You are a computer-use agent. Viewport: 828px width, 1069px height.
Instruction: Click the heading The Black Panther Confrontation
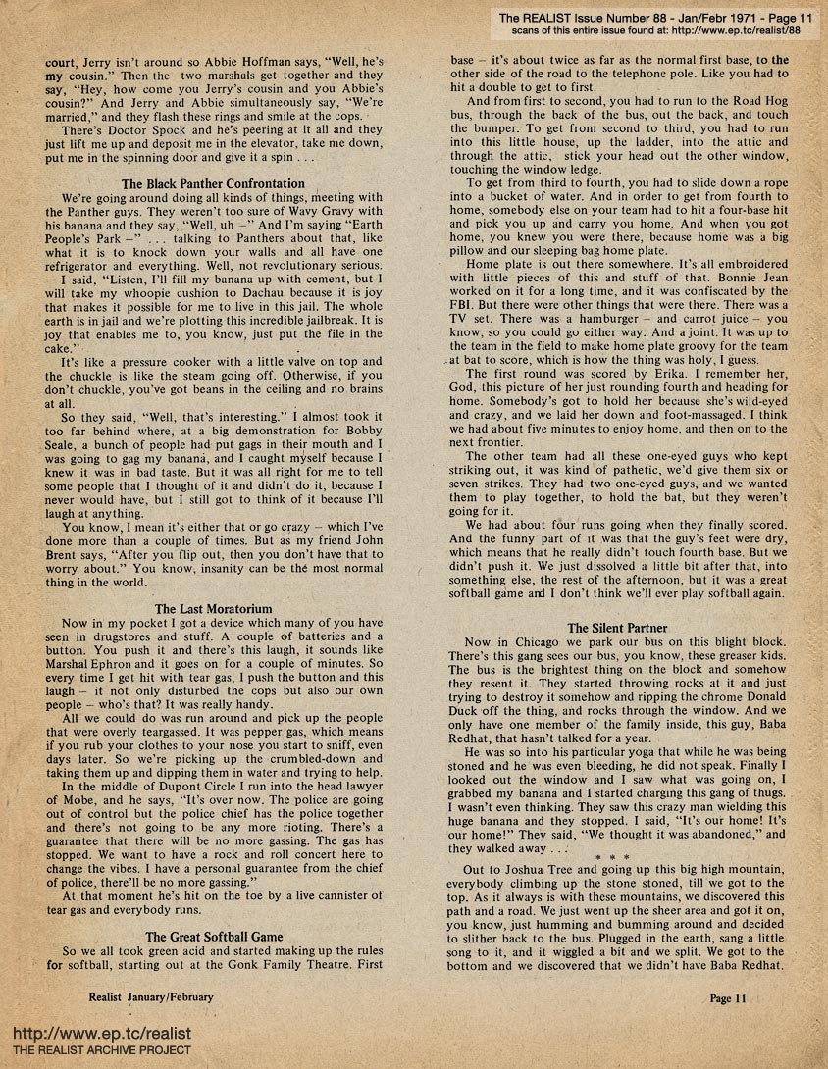pos(213,183)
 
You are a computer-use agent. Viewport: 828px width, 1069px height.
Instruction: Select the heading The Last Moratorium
pos(213,609)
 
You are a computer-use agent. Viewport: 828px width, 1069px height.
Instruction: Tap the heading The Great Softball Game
pos(213,937)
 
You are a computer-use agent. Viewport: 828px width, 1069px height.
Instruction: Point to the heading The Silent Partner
pos(617,627)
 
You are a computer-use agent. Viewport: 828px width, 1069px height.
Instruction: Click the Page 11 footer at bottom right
pos(728,997)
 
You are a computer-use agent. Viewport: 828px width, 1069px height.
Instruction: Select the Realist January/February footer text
pos(150,997)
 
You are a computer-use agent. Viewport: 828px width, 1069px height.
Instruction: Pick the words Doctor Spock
pos(135,128)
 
